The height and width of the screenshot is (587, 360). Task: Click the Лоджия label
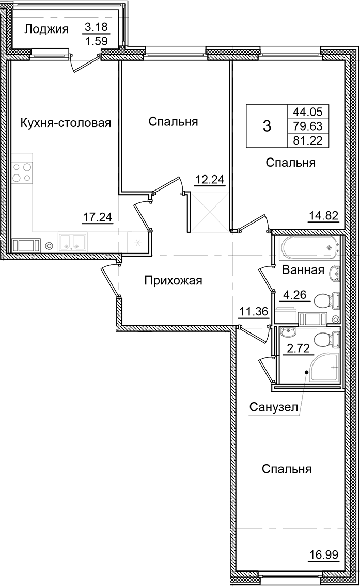pyautogui.click(x=46, y=29)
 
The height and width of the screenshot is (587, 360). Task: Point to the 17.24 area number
pyautogui.click(x=98, y=217)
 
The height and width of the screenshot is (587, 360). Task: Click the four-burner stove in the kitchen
pyautogui.click(x=22, y=172)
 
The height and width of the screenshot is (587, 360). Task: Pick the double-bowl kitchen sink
pyautogui.click(x=72, y=242)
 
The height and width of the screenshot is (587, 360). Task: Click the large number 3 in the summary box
pyautogui.click(x=267, y=125)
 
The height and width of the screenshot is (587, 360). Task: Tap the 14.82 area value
pyautogui.click(x=323, y=217)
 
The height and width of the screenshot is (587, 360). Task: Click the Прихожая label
pyautogui.click(x=173, y=281)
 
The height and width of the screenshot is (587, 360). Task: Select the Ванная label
pyautogui.click(x=303, y=270)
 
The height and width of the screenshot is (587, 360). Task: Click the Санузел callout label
pyautogui.click(x=274, y=408)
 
